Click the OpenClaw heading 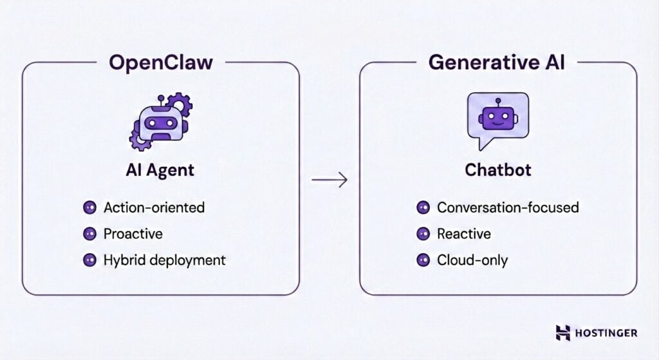click(x=161, y=62)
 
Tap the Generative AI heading click(x=498, y=62)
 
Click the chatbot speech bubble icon click(x=497, y=120)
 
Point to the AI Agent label click(x=160, y=171)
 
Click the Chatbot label click(x=497, y=171)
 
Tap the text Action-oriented click(x=154, y=207)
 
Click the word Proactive click(x=133, y=234)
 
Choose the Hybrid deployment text click(x=164, y=260)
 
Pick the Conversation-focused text click(x=507, y=207)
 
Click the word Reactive click(x=463, y=234)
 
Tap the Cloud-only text click(x=472, y=260)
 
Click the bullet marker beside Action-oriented click(x=89, y=207)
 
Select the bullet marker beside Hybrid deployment click(x=89, y=260)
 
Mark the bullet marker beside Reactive click(x=423, y=234)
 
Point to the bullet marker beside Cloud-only click(x=423, y=260)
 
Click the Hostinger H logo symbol click(x=563, y=332)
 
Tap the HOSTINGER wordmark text click(x=607, y=333)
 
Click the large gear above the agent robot click(x=178, y=104)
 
